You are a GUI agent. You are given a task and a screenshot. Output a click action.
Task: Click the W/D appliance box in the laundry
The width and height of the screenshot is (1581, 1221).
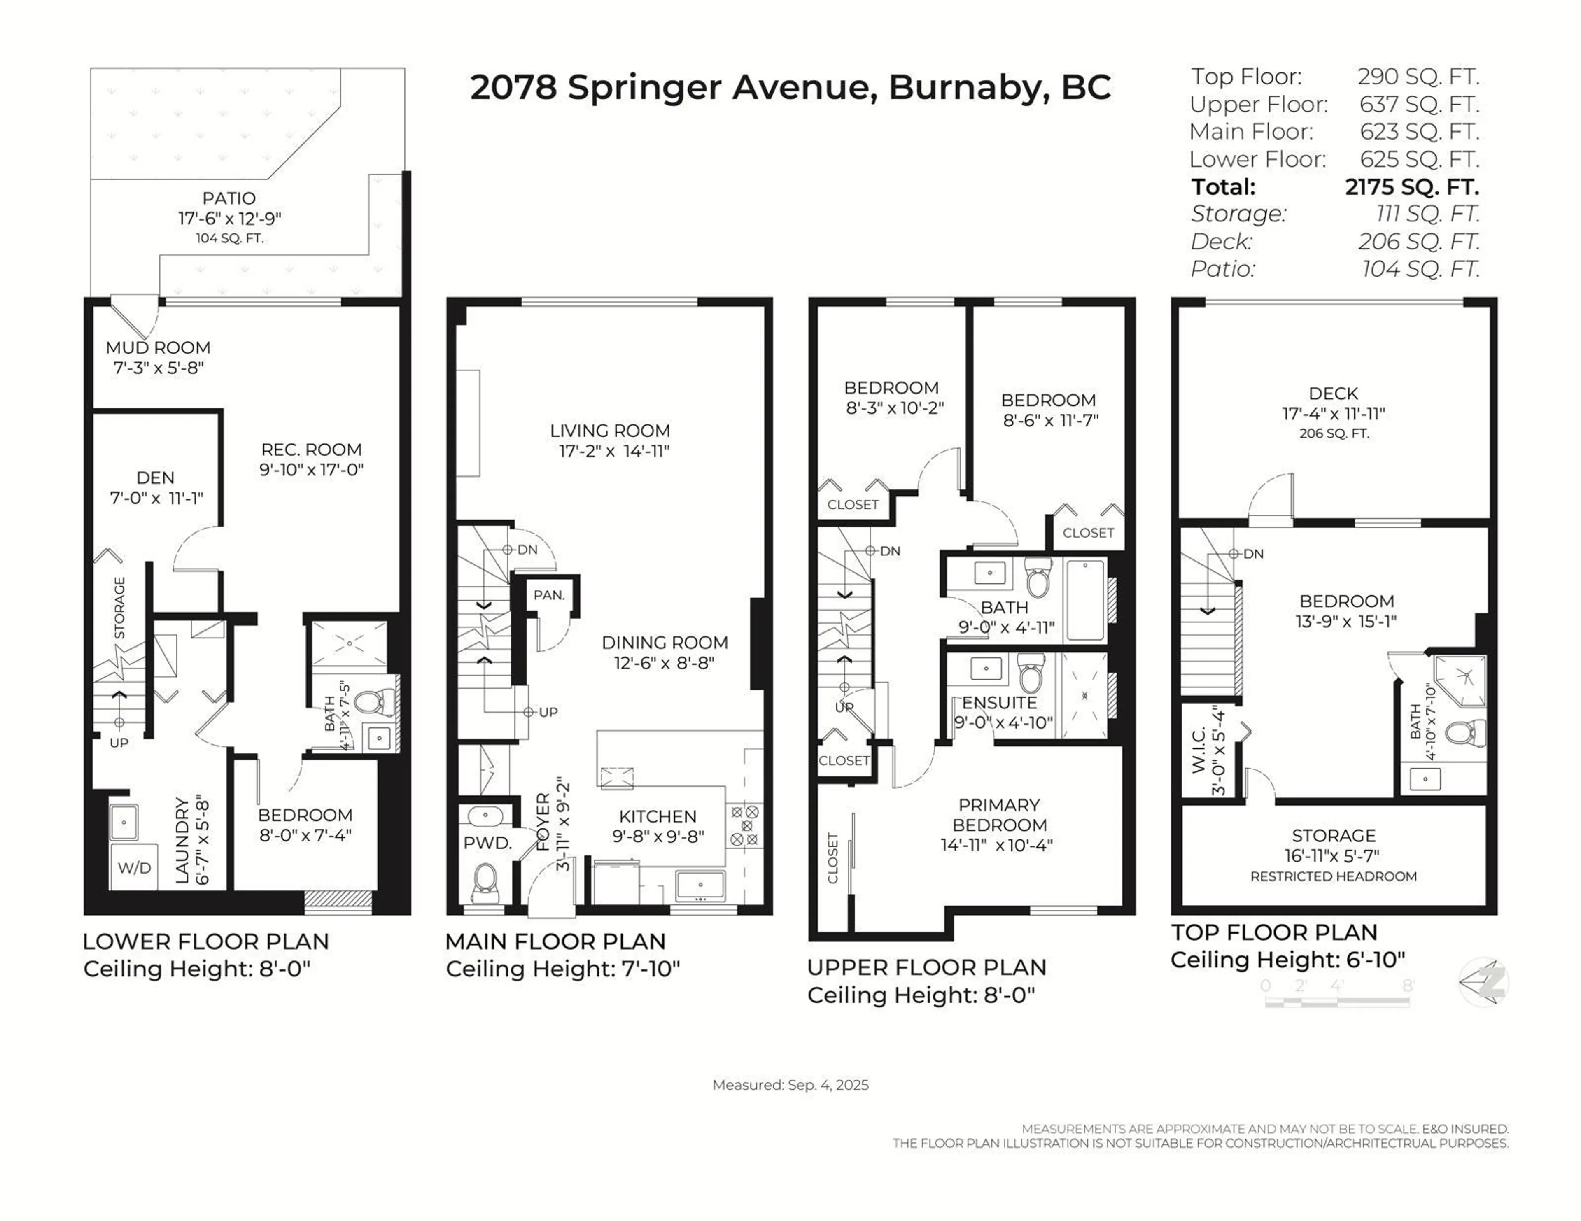(135, 867)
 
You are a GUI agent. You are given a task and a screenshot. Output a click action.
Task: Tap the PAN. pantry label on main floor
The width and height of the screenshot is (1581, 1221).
(549, 595)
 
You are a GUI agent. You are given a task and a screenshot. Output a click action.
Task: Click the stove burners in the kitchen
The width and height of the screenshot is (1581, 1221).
(745, 825)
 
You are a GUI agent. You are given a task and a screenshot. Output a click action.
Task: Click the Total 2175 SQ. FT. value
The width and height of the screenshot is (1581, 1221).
(1412, 187)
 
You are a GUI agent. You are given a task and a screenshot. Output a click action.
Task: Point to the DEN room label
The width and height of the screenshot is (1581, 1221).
(156, 478)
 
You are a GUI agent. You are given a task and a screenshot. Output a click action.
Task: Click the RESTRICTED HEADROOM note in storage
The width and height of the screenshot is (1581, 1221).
(1334, 876)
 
